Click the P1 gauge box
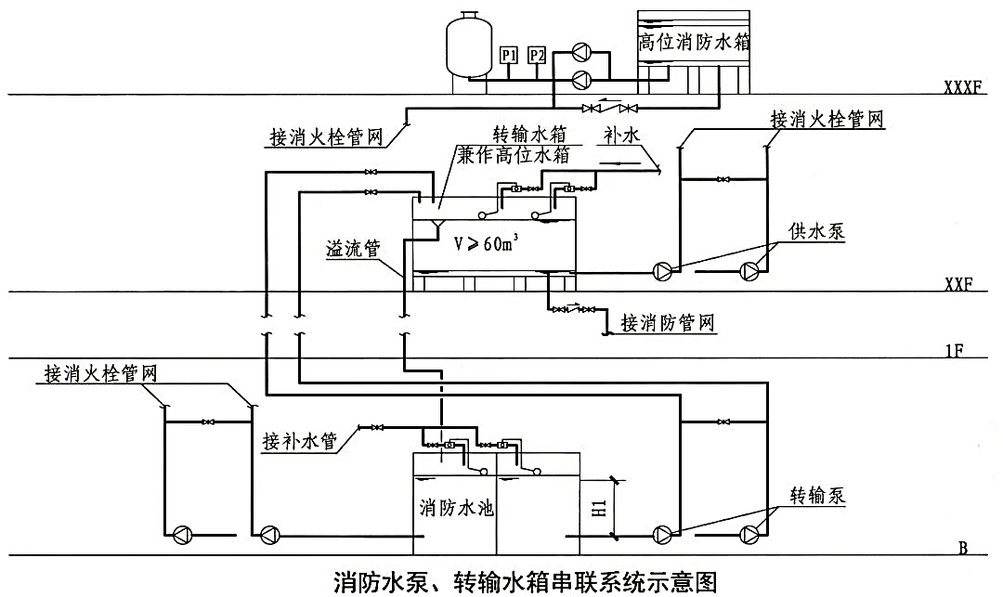coord(508,57)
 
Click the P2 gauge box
coord(537,57)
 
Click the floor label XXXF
coord(962,87)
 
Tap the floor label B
coord(963,548)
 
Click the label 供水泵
coord(817,232)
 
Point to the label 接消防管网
coord(670,324)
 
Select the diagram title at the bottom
coord(525,582)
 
